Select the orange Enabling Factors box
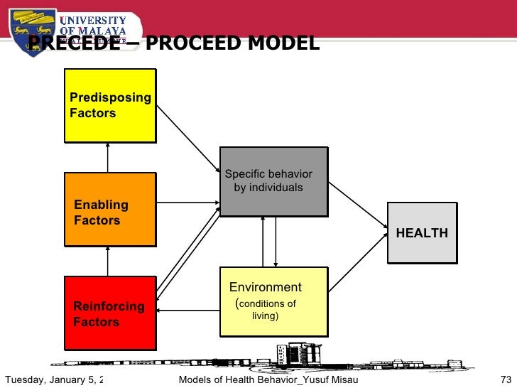click(x=110, y=210)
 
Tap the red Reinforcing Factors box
click(x=110, y=313)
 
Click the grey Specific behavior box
click(x=273, y=181)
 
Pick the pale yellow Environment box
click(x=273, y=301)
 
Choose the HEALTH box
click(x=422, y=232)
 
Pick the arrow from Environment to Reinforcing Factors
click(x=188, y=311)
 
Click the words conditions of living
click(x=266, y=310)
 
